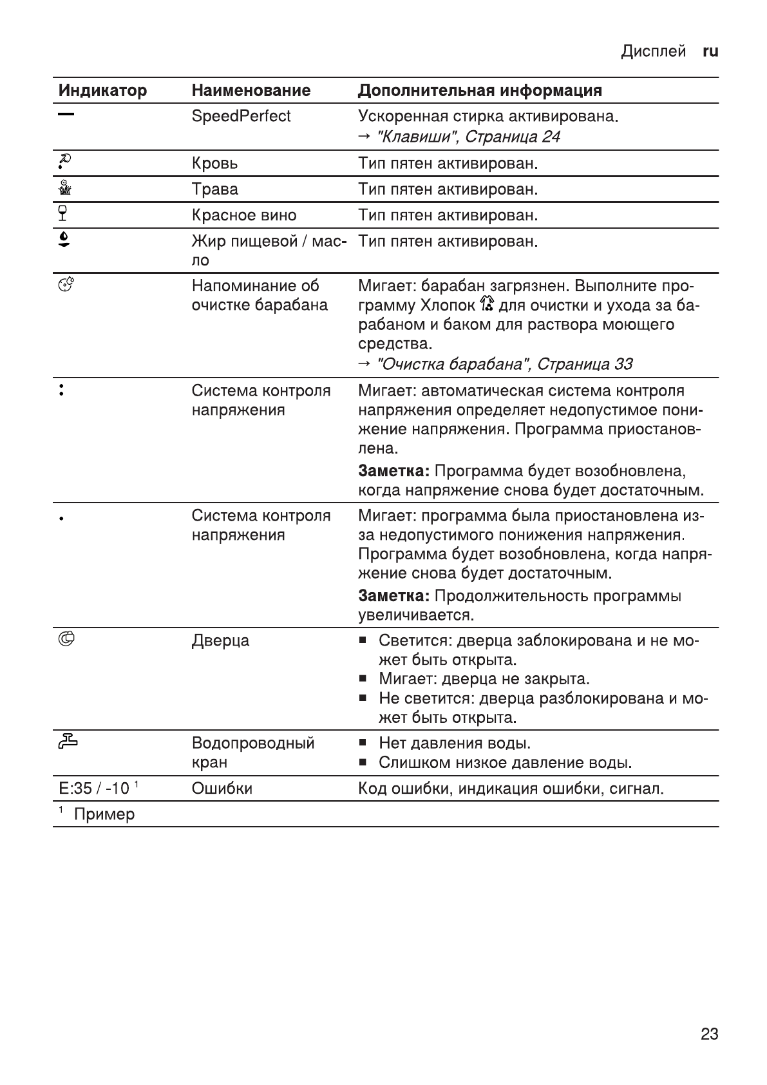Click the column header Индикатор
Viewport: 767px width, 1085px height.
102,91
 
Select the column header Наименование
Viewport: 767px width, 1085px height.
251,91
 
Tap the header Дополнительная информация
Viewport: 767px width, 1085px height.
480,91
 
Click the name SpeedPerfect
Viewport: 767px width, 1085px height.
241,117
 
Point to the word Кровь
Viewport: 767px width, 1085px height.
214,164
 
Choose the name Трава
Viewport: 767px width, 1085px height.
214,189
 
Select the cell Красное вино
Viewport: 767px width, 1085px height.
244,215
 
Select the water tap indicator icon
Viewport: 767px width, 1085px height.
67,742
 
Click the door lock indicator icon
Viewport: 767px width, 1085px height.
66,639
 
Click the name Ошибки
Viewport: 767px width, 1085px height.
222,789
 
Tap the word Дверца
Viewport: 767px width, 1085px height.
220,641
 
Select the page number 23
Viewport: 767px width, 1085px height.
709,1034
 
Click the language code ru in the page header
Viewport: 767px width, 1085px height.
710,52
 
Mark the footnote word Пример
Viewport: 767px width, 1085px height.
104,814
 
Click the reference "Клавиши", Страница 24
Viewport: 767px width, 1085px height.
467,137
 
